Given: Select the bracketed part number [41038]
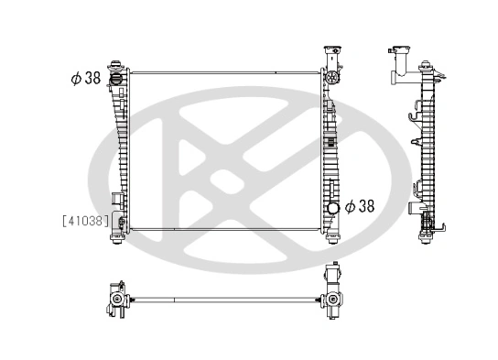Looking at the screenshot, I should pyautogui.click(x=85, y=220).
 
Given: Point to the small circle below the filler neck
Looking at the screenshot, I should pyautogui.click(x=330, y=81).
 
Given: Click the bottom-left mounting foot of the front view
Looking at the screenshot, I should pyautogui.click(x=116, y=241).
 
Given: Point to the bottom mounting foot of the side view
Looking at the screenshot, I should pyautogui.click(x=427, y=240).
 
